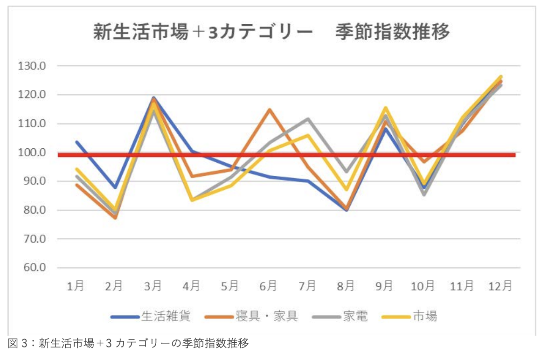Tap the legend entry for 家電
click(x=355, y=317)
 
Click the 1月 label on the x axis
click(x=76, y=286)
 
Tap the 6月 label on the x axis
click(x=268, y=286)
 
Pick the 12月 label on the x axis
click(x=501, y=286)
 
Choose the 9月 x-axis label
click(x=384, y=286)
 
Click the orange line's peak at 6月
click(x=269, y=110)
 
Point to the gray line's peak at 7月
click(x=308, y=119)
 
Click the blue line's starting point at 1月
click(x=76, y=142)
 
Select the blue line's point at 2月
click(x=115, y=187)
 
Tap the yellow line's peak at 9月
click(x=385, y=108)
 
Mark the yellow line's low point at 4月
click(x=192, y=200)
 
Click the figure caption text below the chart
click(x=128, y=344)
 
